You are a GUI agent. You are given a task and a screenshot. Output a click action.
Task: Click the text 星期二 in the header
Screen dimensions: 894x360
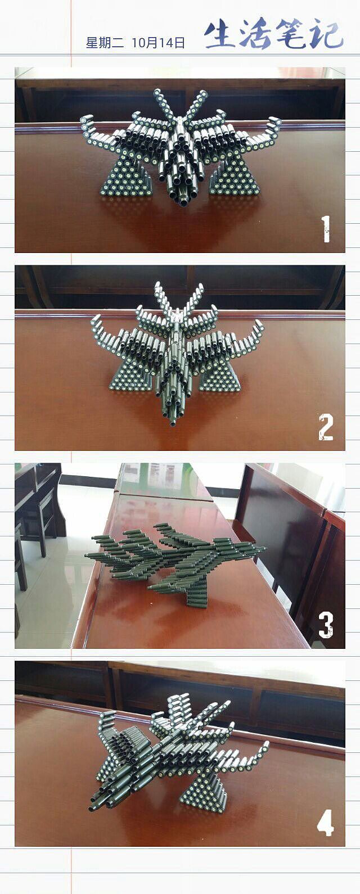[x=105, y=43]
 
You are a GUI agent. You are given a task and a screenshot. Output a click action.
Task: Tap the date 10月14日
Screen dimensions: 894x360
[x=158, y=43]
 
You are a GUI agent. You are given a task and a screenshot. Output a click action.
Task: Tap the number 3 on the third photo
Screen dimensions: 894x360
[x=326, y=625]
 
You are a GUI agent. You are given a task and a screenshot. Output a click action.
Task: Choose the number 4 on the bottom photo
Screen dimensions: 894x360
[x=326, y=823]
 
